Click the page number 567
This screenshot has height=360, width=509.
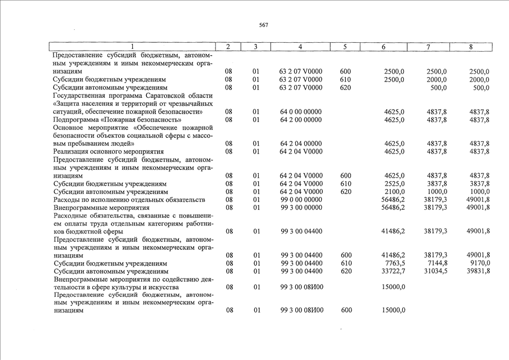pyautogui.click(x=263, y=25)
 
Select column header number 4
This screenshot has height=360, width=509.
pyautogui.click(x=300, y=47)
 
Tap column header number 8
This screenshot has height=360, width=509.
pyautogui.click(x=470, y=47)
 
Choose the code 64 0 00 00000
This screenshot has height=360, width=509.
pyautogui.click(x=301, y=112)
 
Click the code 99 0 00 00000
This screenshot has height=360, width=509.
pyautogui.click(x=301, y=200)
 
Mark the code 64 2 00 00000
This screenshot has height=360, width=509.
pyautogui.click(x=301, y=120)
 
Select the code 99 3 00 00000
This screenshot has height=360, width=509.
pyautogui.click(x=301, y=208)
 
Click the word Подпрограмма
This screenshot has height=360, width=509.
pyautogui.click(x=77, y=120)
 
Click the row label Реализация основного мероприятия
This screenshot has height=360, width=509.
pyautogui.click(x=108, y=152)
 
